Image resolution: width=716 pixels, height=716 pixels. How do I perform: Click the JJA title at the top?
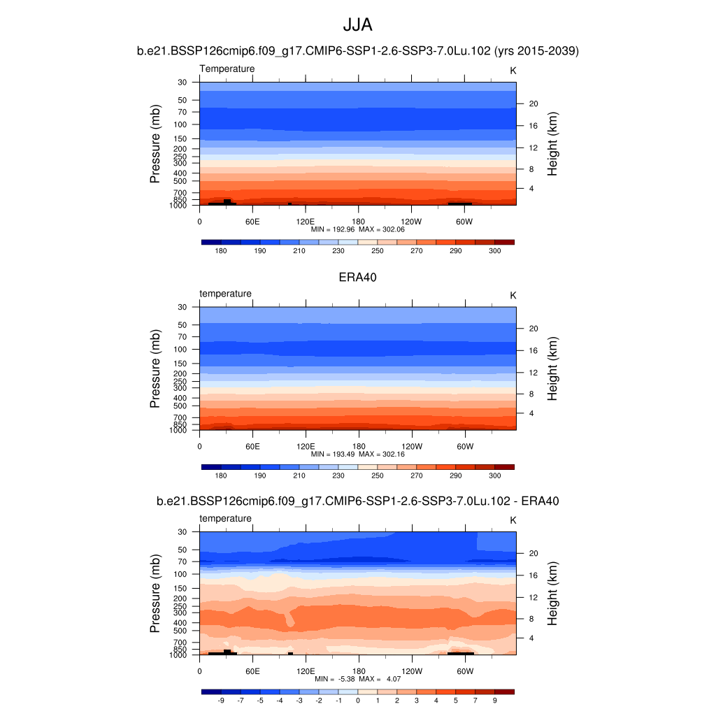click(x=357, y=25)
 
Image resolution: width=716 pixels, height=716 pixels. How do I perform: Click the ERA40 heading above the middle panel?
click(x=357, y=277)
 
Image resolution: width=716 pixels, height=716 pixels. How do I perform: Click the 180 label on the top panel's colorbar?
click(x=221, y=251)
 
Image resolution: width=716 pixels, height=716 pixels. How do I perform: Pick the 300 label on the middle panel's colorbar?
click(x=494, y=476)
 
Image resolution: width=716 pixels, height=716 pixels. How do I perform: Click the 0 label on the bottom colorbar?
click(x=357, y=701)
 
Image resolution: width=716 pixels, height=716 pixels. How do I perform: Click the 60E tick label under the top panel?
click(x=252, y=221)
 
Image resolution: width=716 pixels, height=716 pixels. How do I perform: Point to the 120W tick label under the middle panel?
click(x=411, y=446)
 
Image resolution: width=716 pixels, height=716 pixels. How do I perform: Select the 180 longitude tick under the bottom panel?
click(x=358, y=671)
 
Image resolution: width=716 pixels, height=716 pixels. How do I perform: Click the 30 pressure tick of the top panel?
click(x=182, y=83)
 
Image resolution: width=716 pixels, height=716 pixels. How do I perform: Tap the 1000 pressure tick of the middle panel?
click(x=179, y=431)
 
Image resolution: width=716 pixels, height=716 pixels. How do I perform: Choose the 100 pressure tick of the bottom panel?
click(x=180, y=574)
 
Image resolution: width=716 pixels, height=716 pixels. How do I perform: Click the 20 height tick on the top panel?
click(x=532, y=104)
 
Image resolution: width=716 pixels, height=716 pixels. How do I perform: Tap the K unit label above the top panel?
click(x=513, y=71)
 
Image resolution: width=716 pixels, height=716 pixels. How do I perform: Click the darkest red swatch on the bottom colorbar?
click(x=504, y=692)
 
